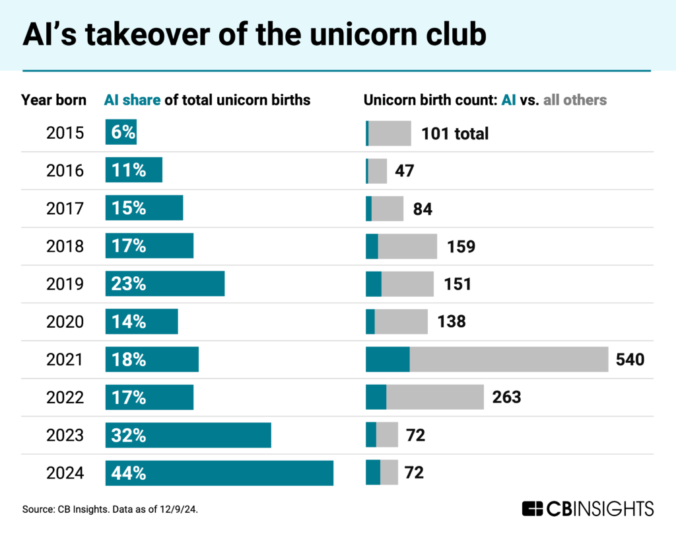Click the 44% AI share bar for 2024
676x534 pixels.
click(219, 473)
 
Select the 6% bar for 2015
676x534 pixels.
click(121, 133)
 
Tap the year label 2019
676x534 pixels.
click(65, 284)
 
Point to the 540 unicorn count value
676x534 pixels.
click(629, 360)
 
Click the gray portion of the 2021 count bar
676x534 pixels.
click(508, 360)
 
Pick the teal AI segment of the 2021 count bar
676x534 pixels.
click(388, 360)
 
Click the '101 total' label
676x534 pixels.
click(455, 133)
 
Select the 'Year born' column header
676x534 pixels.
click(53, 100)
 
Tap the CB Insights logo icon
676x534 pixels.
click(532, 508)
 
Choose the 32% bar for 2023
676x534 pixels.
click(188, 436)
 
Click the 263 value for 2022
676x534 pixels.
click(506, 397)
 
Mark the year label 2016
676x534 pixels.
click(65, 171)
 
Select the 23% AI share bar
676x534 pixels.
click(165, 284)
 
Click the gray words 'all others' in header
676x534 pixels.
click(574, 100)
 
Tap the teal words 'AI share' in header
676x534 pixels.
click(132, 100)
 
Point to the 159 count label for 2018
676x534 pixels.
click(459, 247)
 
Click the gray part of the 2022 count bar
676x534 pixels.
click(435, 397)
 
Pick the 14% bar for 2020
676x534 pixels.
click(141, 322)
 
